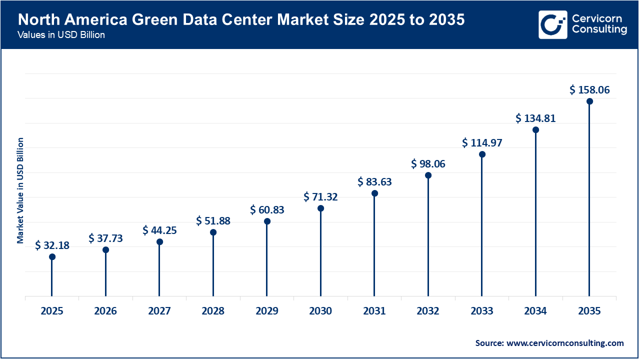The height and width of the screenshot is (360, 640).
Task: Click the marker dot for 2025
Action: point(52,256)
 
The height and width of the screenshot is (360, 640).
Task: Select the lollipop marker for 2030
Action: point(320,208)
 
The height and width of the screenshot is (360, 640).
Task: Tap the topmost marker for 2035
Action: point(589,101)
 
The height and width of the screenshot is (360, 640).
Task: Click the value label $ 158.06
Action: point(589,90)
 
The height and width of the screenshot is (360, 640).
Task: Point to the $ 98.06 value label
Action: point(428,164)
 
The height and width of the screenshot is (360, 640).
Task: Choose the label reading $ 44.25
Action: point(159,230)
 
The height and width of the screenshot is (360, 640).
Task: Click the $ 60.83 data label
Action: point(267,210)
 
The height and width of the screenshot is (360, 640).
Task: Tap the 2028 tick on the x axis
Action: point(213,311)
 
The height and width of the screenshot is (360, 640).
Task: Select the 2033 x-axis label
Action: point(481,311)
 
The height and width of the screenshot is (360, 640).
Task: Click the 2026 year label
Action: point(105,311)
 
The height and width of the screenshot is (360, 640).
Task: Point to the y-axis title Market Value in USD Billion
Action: point(20,190)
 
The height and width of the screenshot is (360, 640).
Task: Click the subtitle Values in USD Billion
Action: point(61,35)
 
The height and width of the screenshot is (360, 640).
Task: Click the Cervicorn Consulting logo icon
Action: point(552,24)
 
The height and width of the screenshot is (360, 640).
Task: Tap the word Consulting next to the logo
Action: point(599,30)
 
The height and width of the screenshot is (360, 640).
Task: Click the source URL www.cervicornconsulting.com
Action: point(565,343)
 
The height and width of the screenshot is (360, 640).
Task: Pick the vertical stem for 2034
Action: point(535,215)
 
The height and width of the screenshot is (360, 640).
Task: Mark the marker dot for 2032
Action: point(428,175)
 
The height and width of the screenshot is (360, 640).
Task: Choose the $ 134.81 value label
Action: point(535,118)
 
